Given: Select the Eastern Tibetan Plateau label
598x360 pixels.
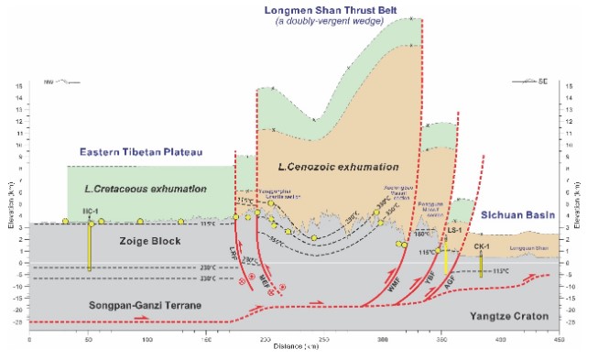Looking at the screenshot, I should point(139,151).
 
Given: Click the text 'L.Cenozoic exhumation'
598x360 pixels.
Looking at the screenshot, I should point(339,168).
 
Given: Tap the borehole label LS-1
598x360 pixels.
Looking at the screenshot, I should point(453,233).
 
